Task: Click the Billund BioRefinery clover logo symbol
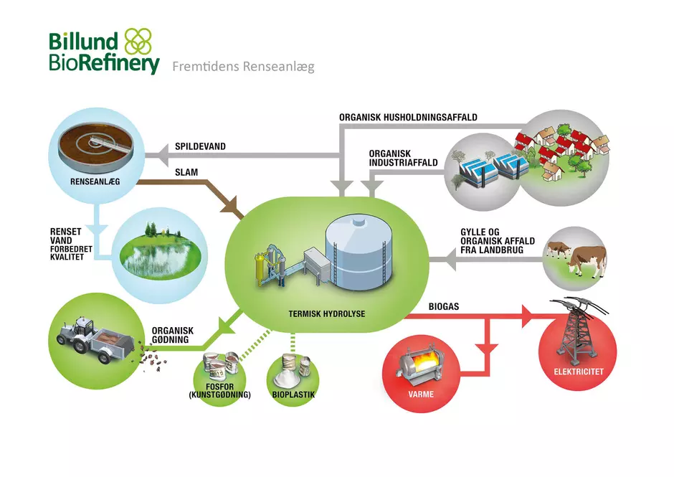[138, 42]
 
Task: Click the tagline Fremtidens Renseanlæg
[243, 67]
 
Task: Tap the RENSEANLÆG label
[95, 182]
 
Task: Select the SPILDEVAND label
[200, 146]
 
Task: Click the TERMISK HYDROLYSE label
[327, 314]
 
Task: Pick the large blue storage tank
[359, 253]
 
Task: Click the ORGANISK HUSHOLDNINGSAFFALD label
[409, 117]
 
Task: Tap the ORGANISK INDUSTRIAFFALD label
[403, 158]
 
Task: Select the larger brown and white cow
[587, 260]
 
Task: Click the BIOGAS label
[444, 307]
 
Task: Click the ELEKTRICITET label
[579, 372]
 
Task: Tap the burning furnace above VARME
[421, 364]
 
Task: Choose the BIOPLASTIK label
[293, 395]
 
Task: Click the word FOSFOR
[219, 387]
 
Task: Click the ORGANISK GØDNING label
[172, 335]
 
